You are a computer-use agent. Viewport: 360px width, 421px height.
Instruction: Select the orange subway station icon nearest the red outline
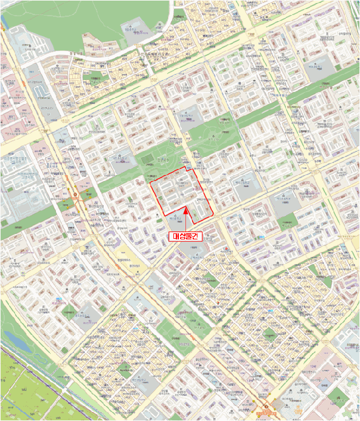pyautogui.click(x=75, y=195)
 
